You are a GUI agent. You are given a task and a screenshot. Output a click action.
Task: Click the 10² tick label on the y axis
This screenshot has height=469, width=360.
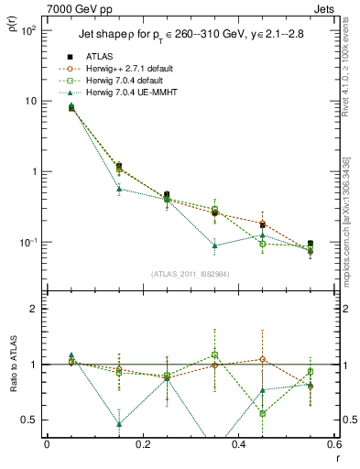click(27, 30)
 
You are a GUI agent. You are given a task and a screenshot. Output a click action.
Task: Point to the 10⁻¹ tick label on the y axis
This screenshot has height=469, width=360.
click(27, 243)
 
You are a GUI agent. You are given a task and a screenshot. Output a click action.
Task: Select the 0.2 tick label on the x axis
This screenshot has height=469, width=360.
click(142, 445)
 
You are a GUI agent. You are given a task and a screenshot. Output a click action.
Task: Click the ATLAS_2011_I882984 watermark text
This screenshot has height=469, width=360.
click(190, 274)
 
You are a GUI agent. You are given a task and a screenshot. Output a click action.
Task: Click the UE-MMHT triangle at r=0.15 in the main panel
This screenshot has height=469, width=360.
click(119, 189)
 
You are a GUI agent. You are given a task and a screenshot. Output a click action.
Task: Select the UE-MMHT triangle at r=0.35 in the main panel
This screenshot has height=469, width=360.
click(214, 245)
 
